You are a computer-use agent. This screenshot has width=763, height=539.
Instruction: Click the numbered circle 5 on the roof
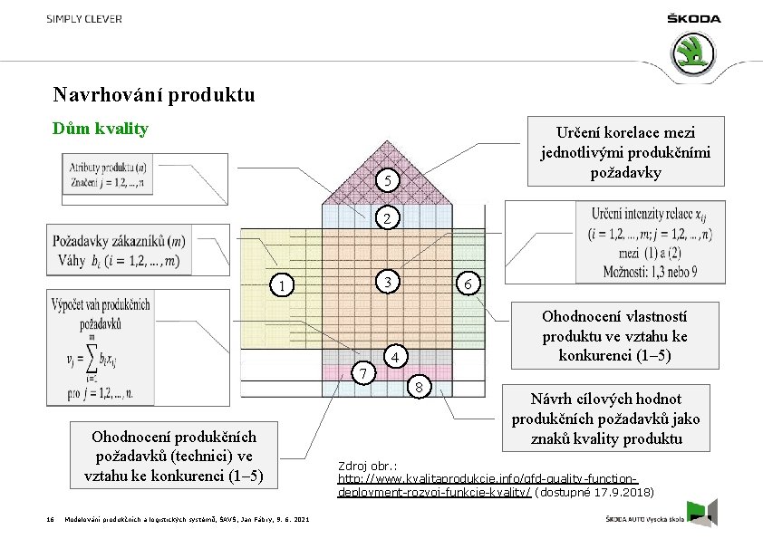coord(387,182)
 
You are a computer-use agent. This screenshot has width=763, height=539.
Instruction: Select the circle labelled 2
coord(387,219)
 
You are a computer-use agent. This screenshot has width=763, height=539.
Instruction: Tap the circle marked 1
coord(284,286)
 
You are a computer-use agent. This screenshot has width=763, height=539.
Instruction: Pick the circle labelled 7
coord(362,374)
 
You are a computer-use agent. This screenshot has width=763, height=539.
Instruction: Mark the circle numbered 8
coord(419,389)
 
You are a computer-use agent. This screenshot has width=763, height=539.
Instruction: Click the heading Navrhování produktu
coord(154,95)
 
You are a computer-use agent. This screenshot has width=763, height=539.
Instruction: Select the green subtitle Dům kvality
coord(101,129)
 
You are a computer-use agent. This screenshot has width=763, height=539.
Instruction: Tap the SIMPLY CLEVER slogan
coord(84,19)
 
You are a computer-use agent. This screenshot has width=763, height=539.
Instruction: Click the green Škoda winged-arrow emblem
coord(697,53)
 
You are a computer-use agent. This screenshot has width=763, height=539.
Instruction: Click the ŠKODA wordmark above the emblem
coord(694,18)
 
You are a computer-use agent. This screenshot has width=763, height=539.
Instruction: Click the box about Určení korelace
coord(632,149)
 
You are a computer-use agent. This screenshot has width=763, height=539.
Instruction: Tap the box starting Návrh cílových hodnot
coord(605,419)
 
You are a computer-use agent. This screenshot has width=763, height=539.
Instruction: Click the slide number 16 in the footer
coord(50,519)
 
